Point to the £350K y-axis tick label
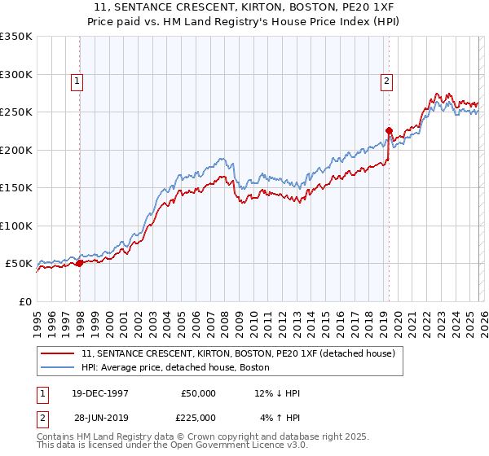tap(16, 37)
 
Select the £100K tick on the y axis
tap(16, 226)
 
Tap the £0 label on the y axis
tap(25, 301)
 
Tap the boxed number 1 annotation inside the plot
tap(77, 81)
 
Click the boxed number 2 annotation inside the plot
tap(385, 81)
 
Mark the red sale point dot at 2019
tap(389, 130)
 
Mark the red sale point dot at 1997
tap(80, 263)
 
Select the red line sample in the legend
tap(59, 353)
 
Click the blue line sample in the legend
tap(59, 366)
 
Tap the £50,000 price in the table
tap(198, 393)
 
